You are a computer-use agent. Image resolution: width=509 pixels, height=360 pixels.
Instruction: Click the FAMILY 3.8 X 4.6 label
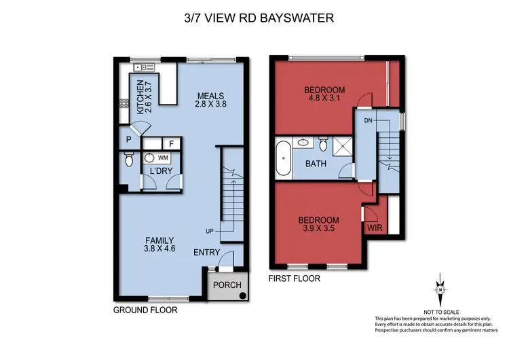click(x=160, y=245)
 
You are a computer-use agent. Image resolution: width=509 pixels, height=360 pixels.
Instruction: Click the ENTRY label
click(x=206, y=253)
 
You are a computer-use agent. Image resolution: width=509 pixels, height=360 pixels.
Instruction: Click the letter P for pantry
click(x=129, y=141)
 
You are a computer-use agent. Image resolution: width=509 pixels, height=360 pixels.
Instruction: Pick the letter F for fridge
click(x=172, y=143)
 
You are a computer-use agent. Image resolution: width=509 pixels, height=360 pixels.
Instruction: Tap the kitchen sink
click(x=144, y=67)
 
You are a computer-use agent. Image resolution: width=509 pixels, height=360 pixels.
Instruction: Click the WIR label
click(x=375, y=229)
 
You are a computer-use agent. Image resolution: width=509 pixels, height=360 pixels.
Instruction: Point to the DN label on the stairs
click(x=369, y=120)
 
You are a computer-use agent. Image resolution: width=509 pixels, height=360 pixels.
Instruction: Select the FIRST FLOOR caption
click(x=295, y=278)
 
